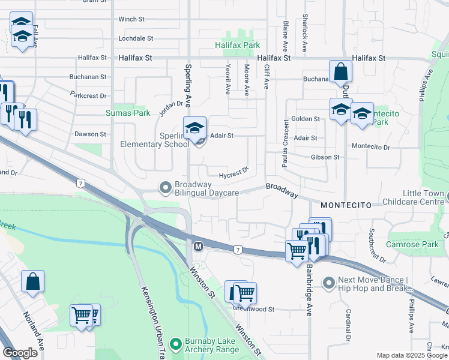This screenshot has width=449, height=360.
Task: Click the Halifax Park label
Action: tap(238, 45)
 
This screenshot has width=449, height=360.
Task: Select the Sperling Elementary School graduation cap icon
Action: tap(194, 128)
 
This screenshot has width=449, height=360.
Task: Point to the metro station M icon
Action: tap(197, 246)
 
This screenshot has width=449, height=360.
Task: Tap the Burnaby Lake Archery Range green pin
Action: tap(175, 344)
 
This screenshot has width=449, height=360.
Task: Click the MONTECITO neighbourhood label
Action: tap(343, 205)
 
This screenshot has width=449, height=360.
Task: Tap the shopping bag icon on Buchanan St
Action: tap(340, 72)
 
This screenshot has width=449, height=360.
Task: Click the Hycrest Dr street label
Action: tap(234, 173)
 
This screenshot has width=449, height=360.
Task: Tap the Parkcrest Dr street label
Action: tap(88, 95)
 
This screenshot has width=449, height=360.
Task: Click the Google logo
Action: tap(20, 353)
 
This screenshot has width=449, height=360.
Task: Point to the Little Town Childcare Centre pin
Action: tap(447, 194)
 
